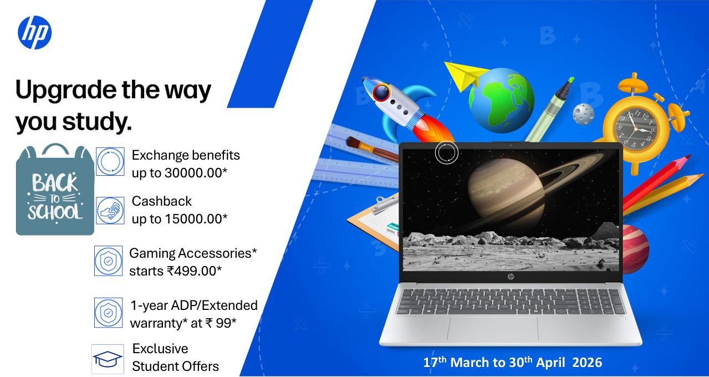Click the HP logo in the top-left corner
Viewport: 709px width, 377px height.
coord(34,33)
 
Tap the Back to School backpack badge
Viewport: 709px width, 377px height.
coord(55,190)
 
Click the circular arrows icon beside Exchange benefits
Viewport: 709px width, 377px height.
coord(110,161)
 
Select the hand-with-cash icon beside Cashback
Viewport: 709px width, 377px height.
coord(110,211)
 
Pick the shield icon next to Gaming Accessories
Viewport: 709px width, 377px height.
coord(108,261)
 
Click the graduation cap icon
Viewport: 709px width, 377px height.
coord(108,359)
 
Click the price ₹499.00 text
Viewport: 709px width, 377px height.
coord(192,271)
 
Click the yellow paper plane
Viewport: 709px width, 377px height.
coord(465,75)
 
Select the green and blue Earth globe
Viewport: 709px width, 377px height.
coord(502,100)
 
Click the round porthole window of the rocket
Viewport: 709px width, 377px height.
coord(381,93)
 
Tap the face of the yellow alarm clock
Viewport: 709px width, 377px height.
coord(636,129)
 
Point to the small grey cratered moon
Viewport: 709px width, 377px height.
coord(583,114)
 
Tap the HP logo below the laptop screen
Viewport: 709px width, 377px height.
coord(511,277)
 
